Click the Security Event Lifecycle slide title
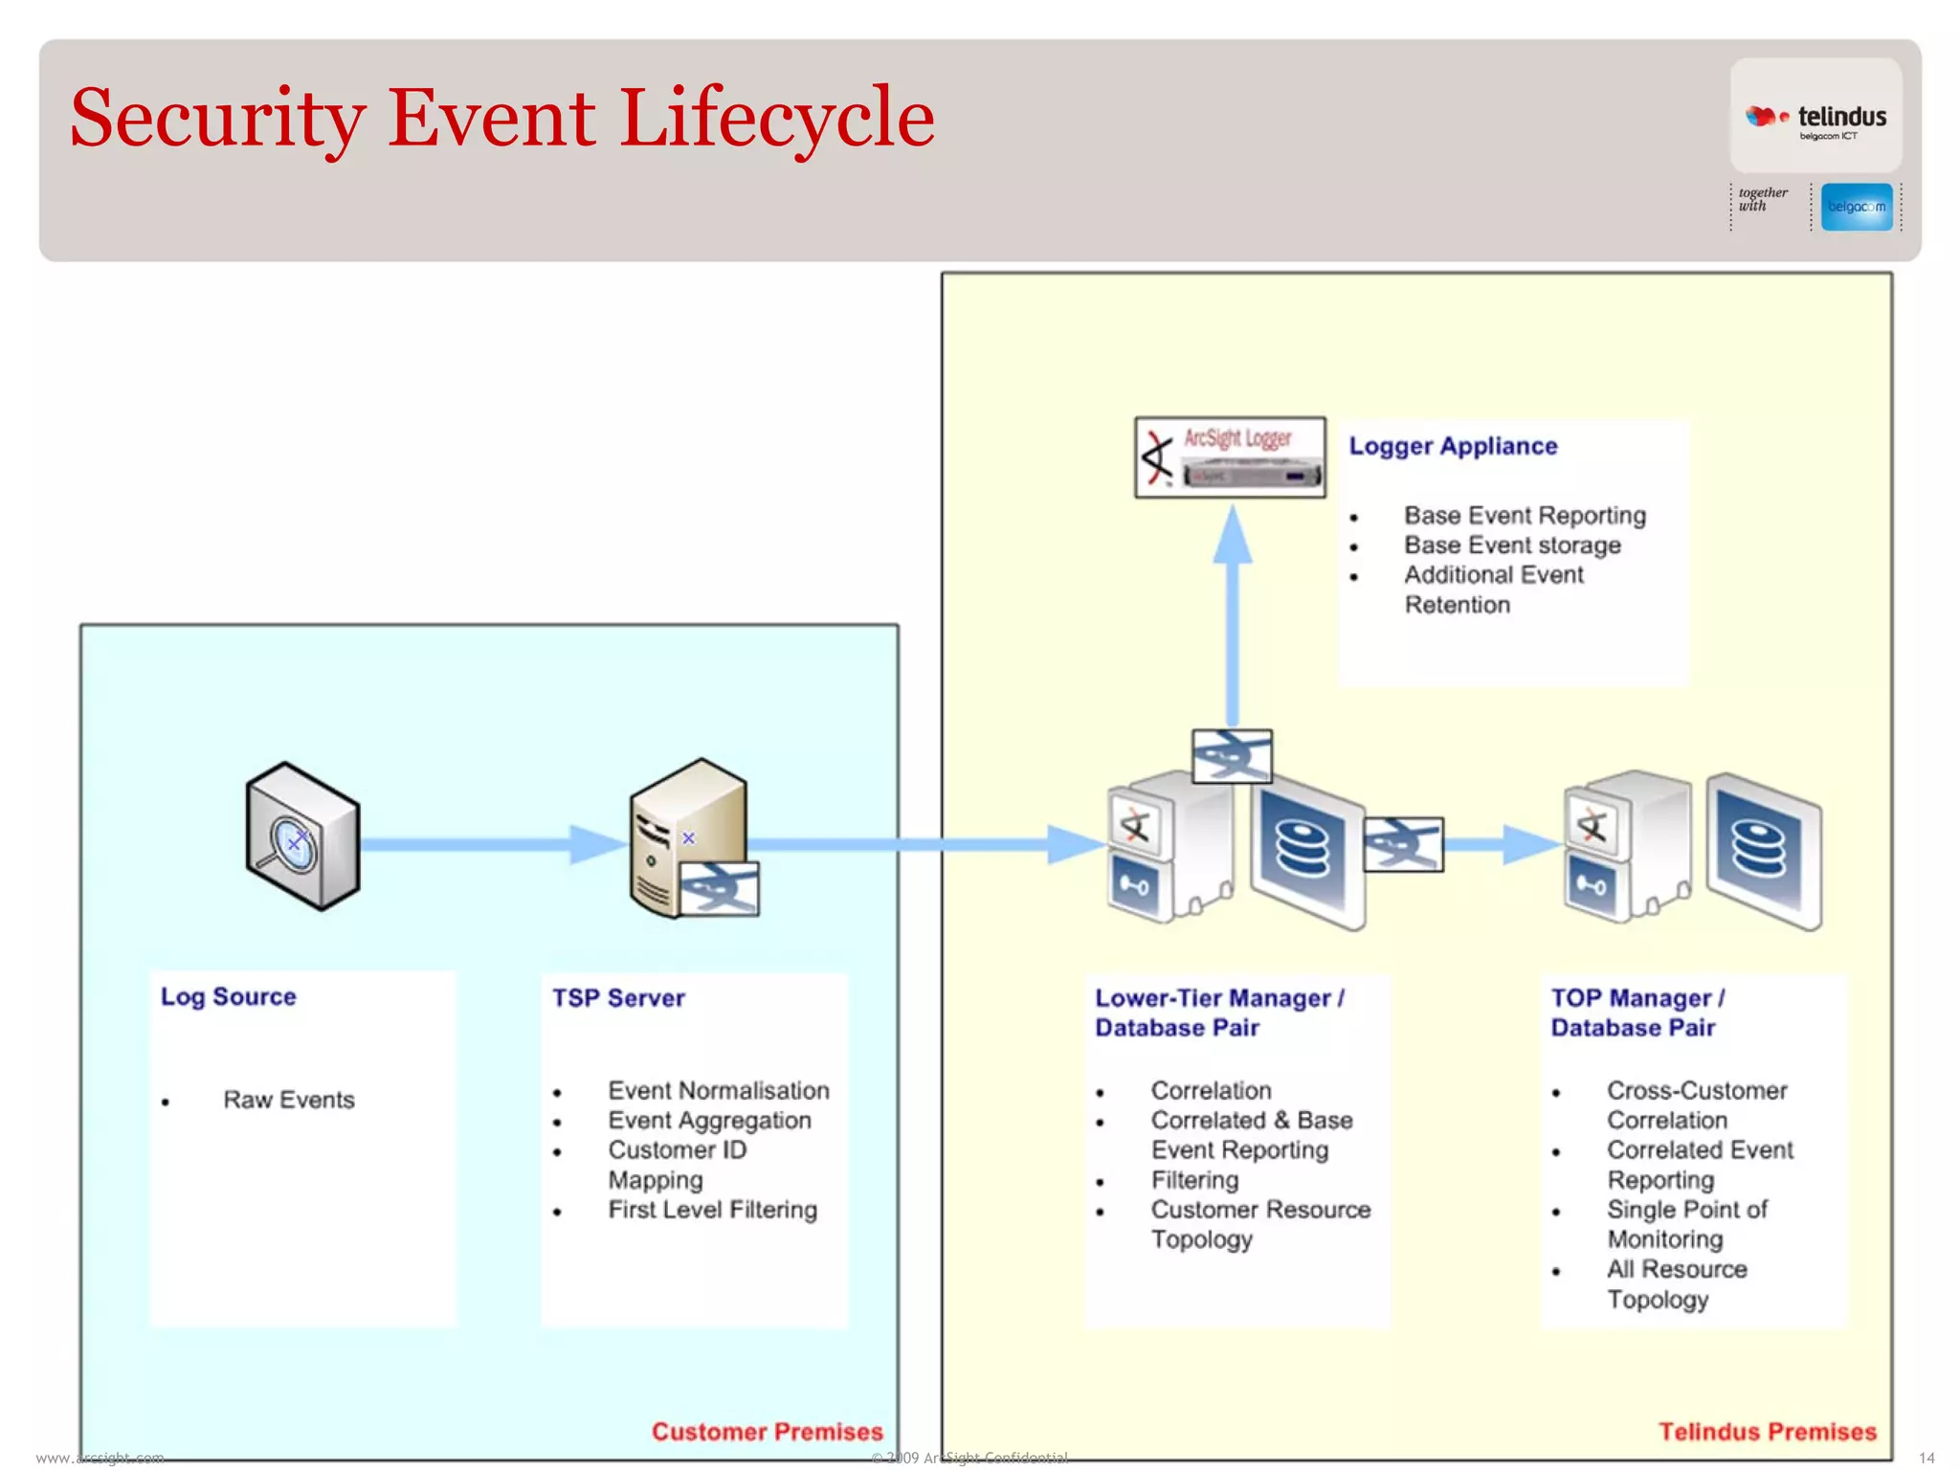click(x=501, y=119)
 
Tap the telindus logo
click(x=1815, y=119)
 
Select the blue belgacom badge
click(x=1856, y=207)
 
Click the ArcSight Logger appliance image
click(x=1230, y=457)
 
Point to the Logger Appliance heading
click(x=1453, y=446)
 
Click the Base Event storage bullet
click(x=1512, y=546)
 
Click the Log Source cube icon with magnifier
click(x=302, y=835)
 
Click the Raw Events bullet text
click(x=288, y=1100)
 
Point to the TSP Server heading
click(x=618, y=998)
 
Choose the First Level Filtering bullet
click(x=712, y=1210)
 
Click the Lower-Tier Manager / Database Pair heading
click(x=1219, y=1013)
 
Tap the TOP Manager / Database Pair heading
click(x=1637, y=1013)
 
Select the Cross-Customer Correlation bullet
click(x=1696, y=1105)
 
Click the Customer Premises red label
click(x=767, y=1432)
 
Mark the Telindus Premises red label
click(x=1767, y=1432)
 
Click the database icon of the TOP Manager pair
click(x=1763, y=851)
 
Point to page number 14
click(x=1927, y=1458)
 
